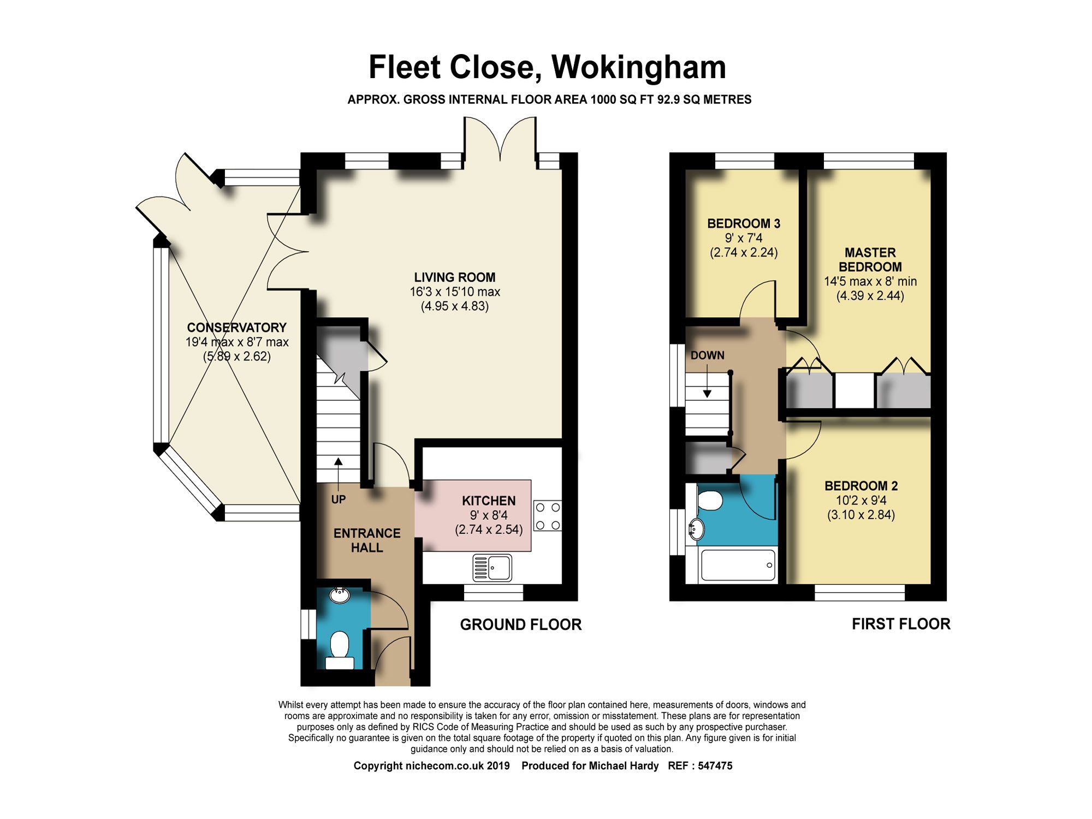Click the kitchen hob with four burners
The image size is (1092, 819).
tap(548, 516)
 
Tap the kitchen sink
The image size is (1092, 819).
tap(492, 567)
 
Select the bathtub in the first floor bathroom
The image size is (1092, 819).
tap(738, 565)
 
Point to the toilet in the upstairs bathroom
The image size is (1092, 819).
tap(709, 500)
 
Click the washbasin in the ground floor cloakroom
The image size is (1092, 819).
tap(340, 595)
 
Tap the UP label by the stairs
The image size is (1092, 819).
tap(339, 499)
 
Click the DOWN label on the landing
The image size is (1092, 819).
tap(707, 355)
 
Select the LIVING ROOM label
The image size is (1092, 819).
tap(454, 277)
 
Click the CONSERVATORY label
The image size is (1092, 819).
tap(236, 328)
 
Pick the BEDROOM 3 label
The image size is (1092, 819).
tap(743, 223)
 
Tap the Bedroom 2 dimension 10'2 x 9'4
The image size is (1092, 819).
tap(861, 500)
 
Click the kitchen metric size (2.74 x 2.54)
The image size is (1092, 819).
tap(489, 529)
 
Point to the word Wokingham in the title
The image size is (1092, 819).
tap(638, 67)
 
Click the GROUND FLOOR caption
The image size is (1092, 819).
tap(520, 625)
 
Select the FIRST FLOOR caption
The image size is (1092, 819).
tap(901, 624)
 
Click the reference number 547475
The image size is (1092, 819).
tap(715, 766)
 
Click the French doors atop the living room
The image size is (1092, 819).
tap(500, 139)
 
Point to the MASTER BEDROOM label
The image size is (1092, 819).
tap(870, 260)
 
